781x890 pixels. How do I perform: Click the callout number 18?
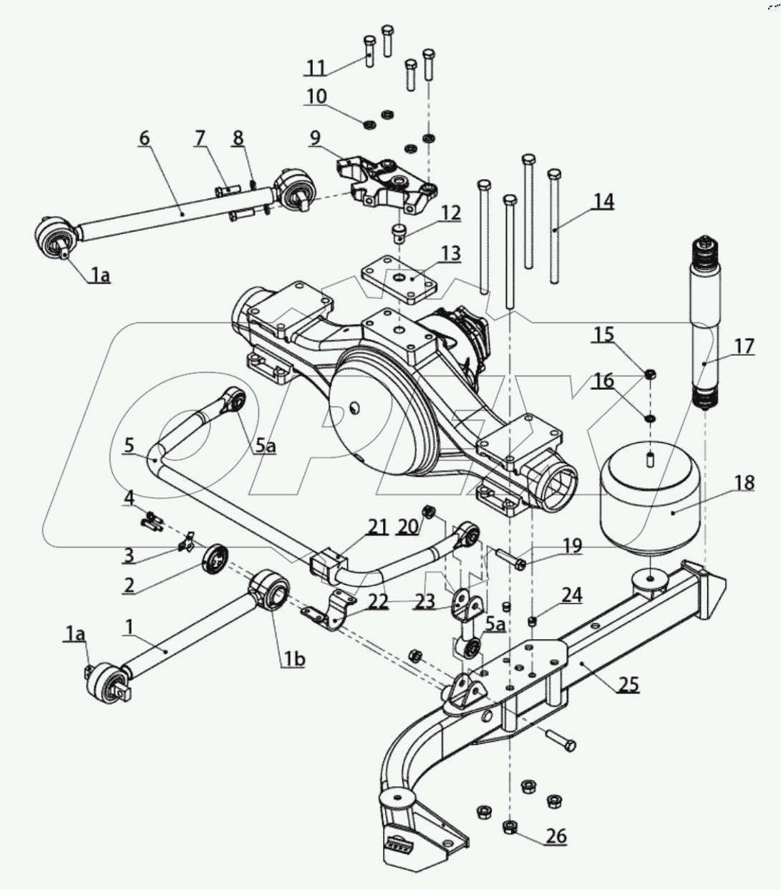pyautogui.click(x=744, y=482)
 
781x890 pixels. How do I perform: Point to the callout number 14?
pyautogui.click(x=603, y=201)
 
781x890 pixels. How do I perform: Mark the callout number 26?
pyautogui.click(x=556, y=835)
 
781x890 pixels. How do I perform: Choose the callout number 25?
pyautogui.click(x=628, y=684)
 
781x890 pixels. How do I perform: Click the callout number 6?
pyautogui.click(x=145, y=138)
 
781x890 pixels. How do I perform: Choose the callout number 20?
pyautogui.click(x=407, y=527)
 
